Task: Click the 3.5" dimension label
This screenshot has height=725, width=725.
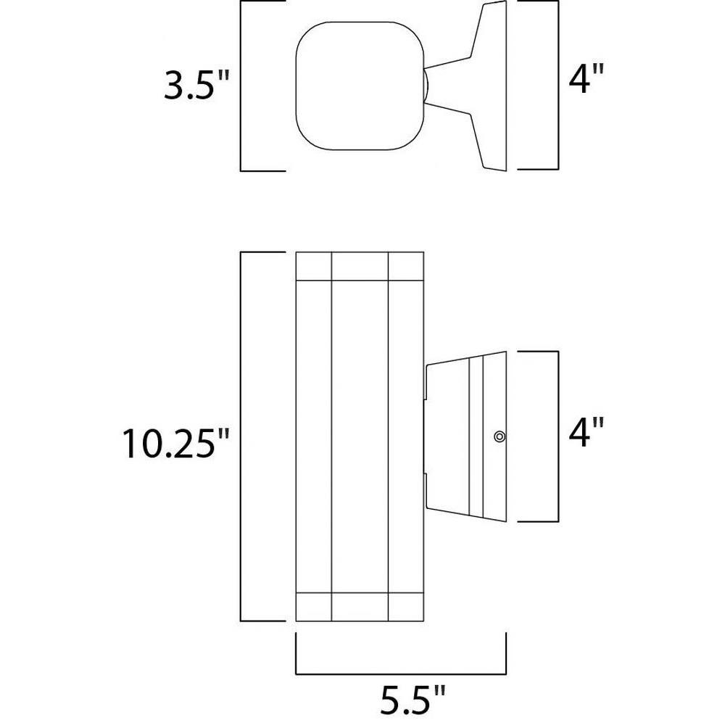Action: click(196, 86)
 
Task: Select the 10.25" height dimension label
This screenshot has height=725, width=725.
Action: click(169, 444)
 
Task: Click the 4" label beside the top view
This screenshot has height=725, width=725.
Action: click(586, 79)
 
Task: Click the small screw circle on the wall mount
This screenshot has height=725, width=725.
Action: click(500, 436)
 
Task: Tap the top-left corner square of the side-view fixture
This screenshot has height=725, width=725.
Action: click(313, 266)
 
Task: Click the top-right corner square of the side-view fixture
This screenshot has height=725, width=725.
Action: click(406, 266)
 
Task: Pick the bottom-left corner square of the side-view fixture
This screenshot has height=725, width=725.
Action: click(313, 607)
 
